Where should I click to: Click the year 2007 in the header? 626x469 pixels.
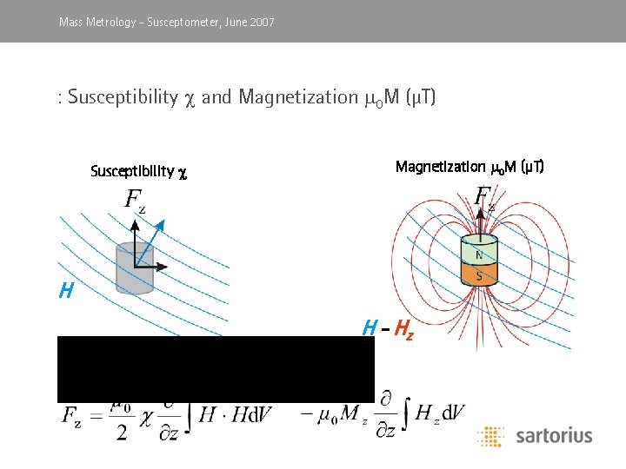261,22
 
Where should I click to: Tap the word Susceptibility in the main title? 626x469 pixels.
122,96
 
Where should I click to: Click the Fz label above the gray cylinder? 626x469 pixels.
135,201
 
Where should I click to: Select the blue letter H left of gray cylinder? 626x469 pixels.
66,292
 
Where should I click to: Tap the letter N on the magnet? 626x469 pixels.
478,255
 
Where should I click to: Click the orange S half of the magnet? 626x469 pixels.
478,274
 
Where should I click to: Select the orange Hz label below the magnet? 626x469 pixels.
403,328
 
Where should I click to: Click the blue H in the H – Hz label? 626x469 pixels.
370,328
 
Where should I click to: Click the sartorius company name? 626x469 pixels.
553,435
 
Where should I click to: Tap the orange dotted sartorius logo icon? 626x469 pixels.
490,435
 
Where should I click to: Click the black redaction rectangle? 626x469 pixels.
216,368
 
